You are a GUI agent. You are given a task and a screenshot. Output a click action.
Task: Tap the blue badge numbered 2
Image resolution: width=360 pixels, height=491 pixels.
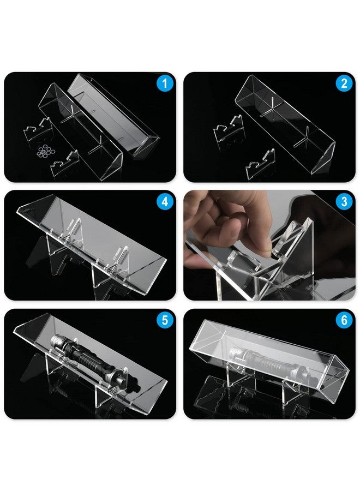(x=344, y=84)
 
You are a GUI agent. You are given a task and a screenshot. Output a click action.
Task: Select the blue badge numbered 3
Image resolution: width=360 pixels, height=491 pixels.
(x=344, y=202)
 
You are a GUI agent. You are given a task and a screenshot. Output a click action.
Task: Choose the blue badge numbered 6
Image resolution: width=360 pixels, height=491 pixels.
(x=344, y=321)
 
